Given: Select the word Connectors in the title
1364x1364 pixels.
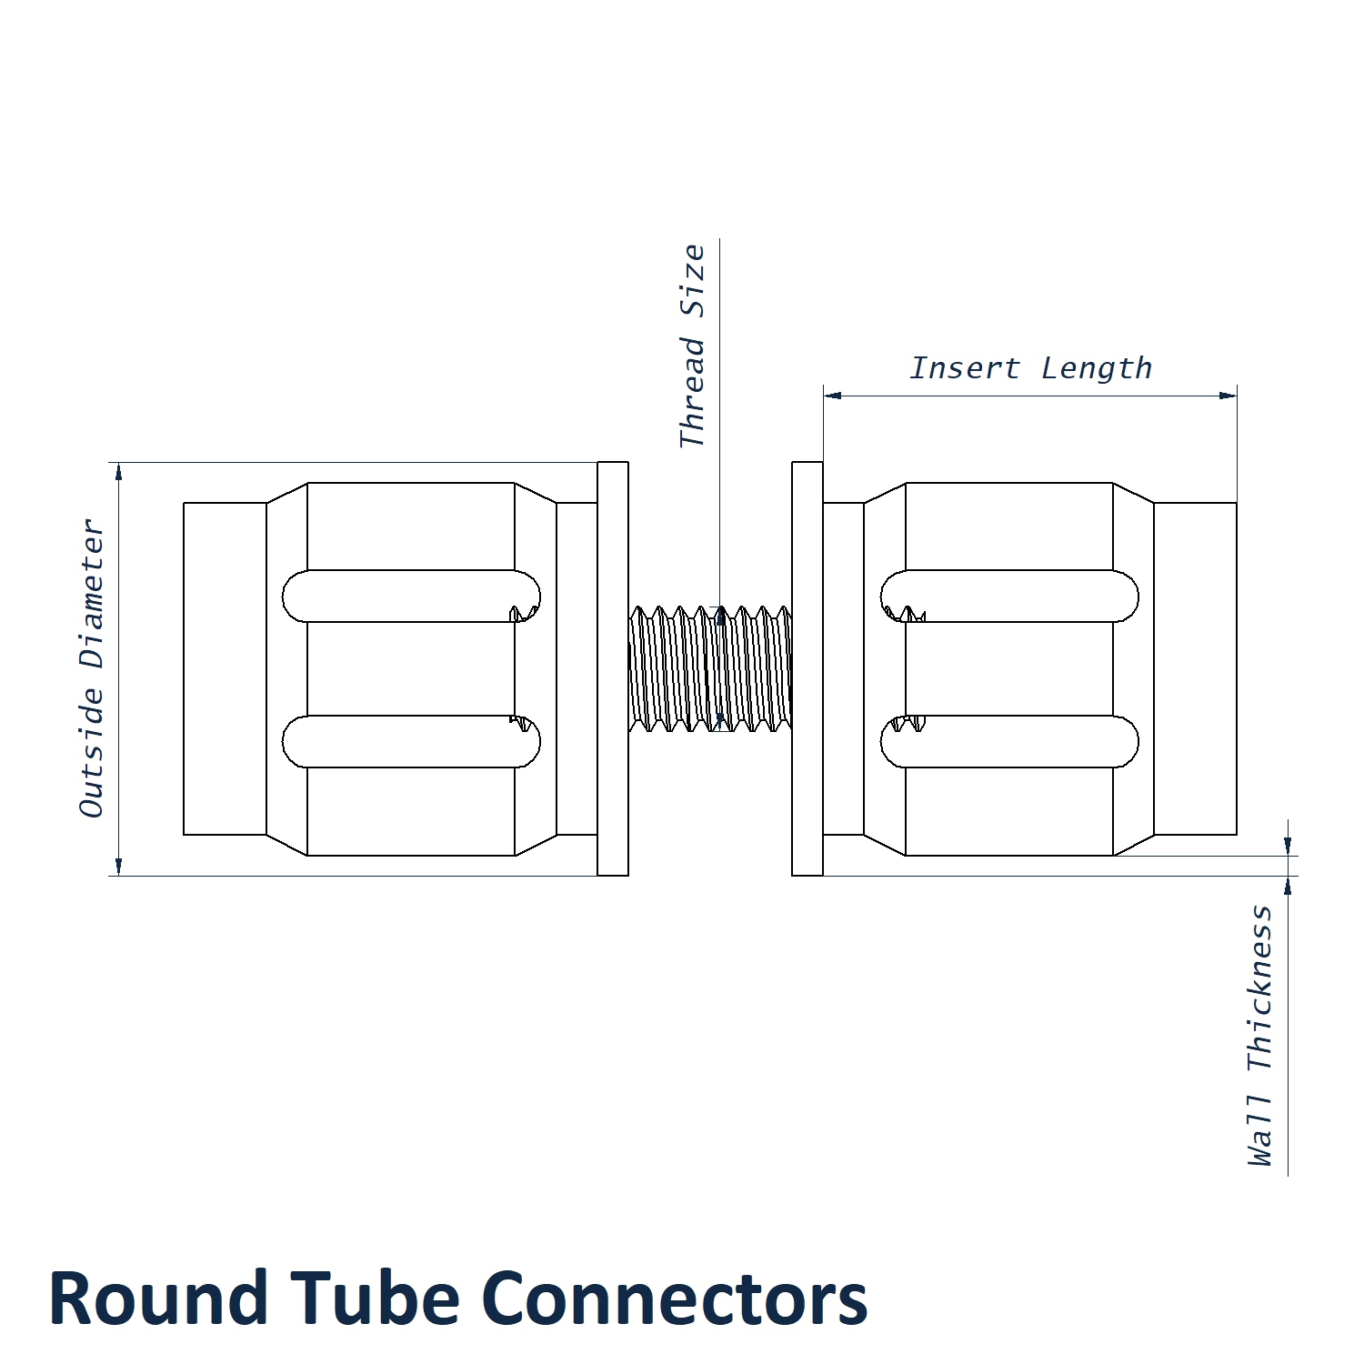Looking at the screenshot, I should (x=674, y=1299).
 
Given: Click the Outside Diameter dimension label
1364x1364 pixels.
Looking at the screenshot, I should (x=93, y=668).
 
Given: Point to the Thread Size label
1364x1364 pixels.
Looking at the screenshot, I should (x=693, y=346).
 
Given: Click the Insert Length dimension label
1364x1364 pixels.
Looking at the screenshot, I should (x=1030, y=368).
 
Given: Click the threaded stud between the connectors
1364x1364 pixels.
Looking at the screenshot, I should (x=710, y=668).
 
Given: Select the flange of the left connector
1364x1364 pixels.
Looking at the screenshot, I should (x=613, y=668).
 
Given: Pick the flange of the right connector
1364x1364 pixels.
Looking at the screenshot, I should (x=807, y=668).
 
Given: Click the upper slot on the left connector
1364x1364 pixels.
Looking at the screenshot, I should (x=411, y=597).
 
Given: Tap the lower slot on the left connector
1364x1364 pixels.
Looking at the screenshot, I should (x=411, y=741).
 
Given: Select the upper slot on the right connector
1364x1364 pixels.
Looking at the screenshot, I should (x=1009, y=597).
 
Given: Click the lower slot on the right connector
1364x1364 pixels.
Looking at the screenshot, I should (x=1009, y=741).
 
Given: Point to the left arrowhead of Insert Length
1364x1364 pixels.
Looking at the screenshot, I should (x=832, y=396).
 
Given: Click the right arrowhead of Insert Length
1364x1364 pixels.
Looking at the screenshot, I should (x=1229, y=396).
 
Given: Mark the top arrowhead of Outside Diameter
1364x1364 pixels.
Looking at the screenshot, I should (x=118, y=470).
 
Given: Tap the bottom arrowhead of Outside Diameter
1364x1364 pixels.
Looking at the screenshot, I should (x=118, y=868).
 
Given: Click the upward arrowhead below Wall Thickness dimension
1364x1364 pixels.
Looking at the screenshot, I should (x=1288, y=884).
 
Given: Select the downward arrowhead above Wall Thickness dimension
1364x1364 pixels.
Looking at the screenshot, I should (x=1288, y=847).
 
